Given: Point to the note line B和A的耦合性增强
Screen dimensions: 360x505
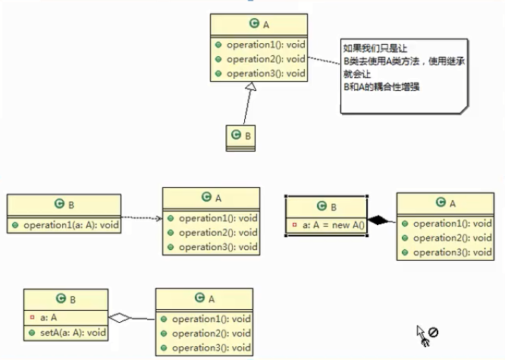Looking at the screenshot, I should coord(381,87).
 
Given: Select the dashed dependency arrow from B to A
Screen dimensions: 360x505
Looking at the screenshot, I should coord(141,219).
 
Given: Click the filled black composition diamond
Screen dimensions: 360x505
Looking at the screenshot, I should coord(379,221).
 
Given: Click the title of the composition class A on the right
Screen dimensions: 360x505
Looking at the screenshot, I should coord(445,202).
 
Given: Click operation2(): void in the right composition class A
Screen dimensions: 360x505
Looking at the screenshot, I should coord(452,238).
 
